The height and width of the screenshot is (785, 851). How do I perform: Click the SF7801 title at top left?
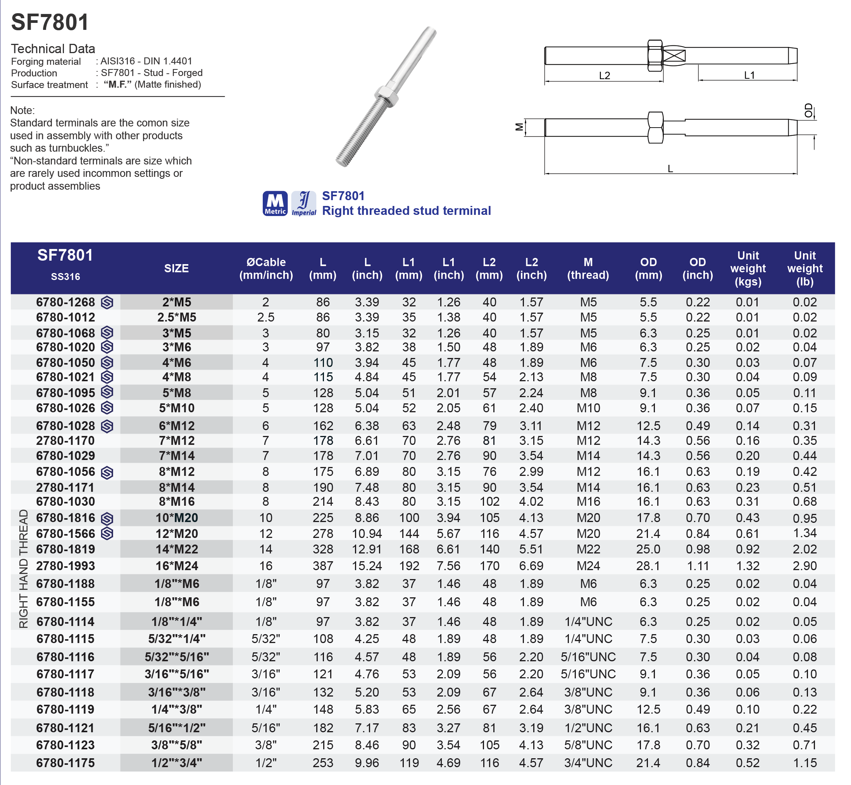pyautogui.click(x=50, y=22)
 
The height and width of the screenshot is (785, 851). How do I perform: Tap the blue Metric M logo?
pyautogui.click(x=275, y=203)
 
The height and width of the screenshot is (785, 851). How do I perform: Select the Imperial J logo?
pyautogui.click(x=304, y=203)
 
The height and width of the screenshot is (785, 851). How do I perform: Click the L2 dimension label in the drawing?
pyautogui.click(x=605, y=76)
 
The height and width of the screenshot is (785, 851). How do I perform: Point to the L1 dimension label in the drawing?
pyautogui.click(x=749, y=75)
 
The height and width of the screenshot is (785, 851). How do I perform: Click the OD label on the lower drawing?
pyautogui.click(x=808, y=111)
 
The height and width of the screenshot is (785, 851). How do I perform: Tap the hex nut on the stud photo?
pyautogui.click(x=386, y=95)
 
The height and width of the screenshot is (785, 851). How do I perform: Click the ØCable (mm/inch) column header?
pyautogui.click(x=266, y=268)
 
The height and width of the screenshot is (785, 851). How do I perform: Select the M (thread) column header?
pyautogui.click(x=588, y=268)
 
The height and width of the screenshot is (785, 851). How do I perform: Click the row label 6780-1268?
pyautogui.click(x=65, y=302)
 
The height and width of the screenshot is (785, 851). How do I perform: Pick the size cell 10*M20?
pyautogui.click(x=177, y=518)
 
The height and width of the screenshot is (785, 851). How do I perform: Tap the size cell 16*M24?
pyautogui.click(x=177, y=566)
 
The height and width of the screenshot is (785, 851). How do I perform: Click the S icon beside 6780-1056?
pyautogui.click(x=107, y=472)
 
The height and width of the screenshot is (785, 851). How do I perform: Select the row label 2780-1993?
pyautogui.click(x=65, y=566)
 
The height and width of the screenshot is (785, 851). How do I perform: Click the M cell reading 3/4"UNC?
pyautogui.click(x=588, y=763)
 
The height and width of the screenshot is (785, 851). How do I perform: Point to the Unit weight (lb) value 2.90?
pyautogui.click(x=805, y=566)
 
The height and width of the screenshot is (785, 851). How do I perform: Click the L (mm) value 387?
pyautogui.click(x=323, y=566)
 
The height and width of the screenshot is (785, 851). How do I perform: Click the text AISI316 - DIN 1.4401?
pyautogui.click(x=146, y=61)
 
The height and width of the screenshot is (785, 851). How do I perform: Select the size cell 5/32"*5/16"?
pyautogui.click(x=177, y=657)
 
